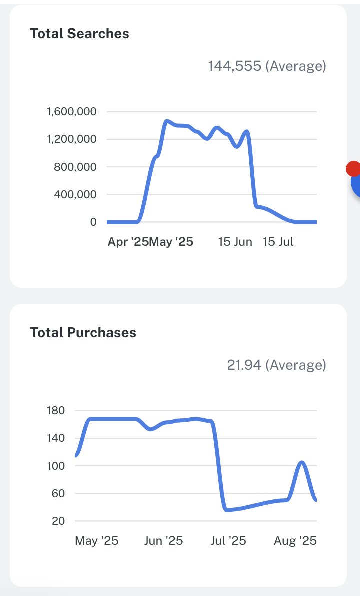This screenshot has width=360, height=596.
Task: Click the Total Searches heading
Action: click(x=79, y=34)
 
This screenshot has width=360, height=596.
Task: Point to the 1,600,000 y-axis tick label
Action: click(x=72, y=111)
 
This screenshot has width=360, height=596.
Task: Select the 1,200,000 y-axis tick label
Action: click(x=72, y=139)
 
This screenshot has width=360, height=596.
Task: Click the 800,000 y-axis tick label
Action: click(x=75, y=167)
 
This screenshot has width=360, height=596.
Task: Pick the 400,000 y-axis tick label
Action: click(x=75, y=194)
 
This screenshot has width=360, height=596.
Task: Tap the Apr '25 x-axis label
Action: click(x=128, y=242)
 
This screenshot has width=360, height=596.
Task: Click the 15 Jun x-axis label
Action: click(x=235, y=242)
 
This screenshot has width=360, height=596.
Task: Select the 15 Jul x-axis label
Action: click(x=278, y=242)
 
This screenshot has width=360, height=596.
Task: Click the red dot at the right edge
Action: click(x=353, y=169)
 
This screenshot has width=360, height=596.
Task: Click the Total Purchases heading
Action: click(x=83, y=333)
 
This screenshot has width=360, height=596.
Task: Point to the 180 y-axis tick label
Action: click(x=55, y=411)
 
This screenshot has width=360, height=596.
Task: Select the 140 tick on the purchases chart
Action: click(x=55, y=438)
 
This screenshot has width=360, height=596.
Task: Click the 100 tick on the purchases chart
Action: click(x=55, y=466)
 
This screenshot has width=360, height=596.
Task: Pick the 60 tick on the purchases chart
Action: click(x=58, y=493)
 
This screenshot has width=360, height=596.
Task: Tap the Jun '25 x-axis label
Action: click(x=164, y=541)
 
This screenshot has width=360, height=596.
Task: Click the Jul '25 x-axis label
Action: click(x=228, y=541)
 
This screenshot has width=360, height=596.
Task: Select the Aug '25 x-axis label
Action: click(x=295, y=541)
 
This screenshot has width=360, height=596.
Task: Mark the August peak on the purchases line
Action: click(x=302, y=462)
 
